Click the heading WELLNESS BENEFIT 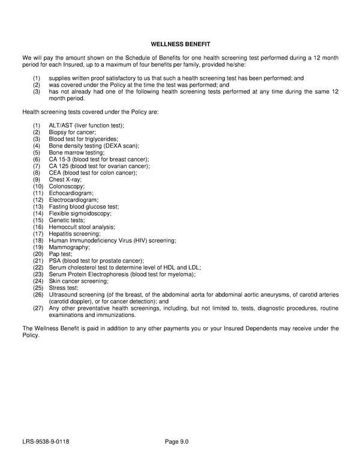pyautogui.click(x=180, y=44)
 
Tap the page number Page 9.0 pyautogui.click(x=177, y=443)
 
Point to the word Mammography pyautogui.click(x=70, y=247)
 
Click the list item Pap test pyautogui.click(x=61, y=254)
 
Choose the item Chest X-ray pyautogui.click(x=65, y=180)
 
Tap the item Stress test pyautogui.click(x=64, y=288)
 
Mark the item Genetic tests pyautogui.click(x=67, y=220)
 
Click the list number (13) pyautogui.click(x=38, y=207)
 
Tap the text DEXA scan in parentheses pyautogui.click(x=122, y=145)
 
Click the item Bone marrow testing pyautogui.click(x=76, y=153)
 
